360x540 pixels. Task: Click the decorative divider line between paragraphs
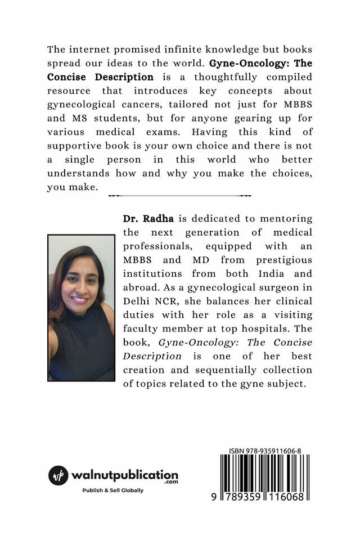click(x=179, y=196)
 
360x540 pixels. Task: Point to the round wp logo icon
click(x=58, y=475)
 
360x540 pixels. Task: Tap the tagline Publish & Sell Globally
click(x=113, y=490)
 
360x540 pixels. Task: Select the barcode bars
click(x=264, y=469)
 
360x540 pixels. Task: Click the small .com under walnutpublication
click(x=172, y=482)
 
